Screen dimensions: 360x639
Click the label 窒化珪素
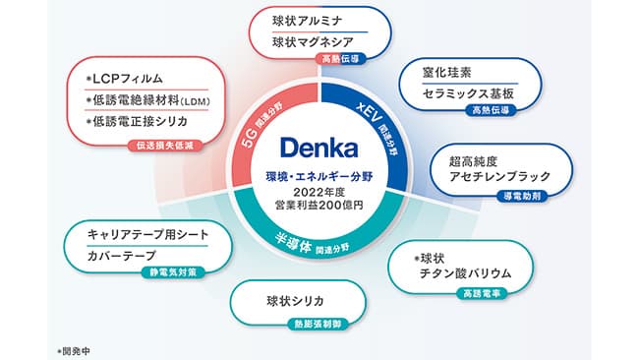pos(448,72)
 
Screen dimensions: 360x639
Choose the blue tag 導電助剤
pos(517,195)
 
